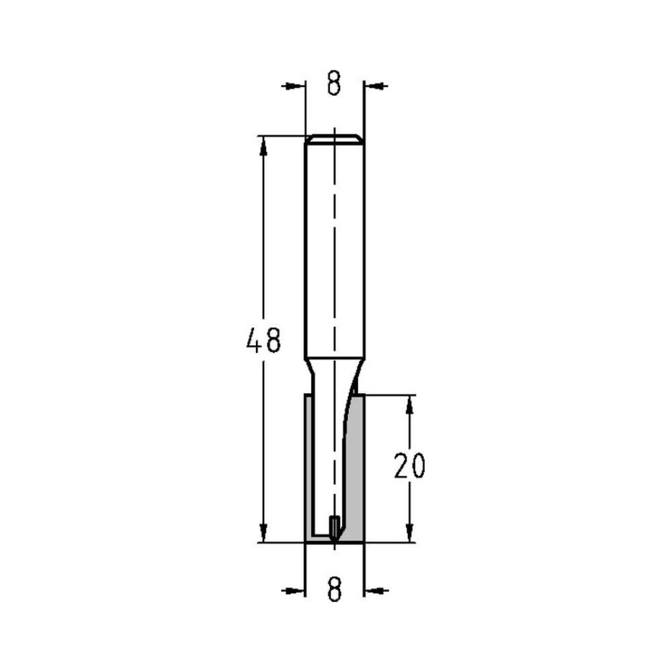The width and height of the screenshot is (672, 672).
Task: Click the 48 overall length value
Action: tap(263, 341)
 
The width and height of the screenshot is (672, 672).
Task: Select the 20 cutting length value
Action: tap(409, 466)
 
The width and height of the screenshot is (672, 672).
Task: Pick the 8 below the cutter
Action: tap(334, 590)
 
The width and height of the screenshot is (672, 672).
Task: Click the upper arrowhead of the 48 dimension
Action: tap(263, 144)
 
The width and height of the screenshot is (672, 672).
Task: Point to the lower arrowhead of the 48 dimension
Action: tap(263, 533)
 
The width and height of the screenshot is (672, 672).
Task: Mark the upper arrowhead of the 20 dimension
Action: tap(409, 403)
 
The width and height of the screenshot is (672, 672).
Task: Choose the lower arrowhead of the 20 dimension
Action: tap(409, 534)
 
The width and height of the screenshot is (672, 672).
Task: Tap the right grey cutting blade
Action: tap(355, 470)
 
